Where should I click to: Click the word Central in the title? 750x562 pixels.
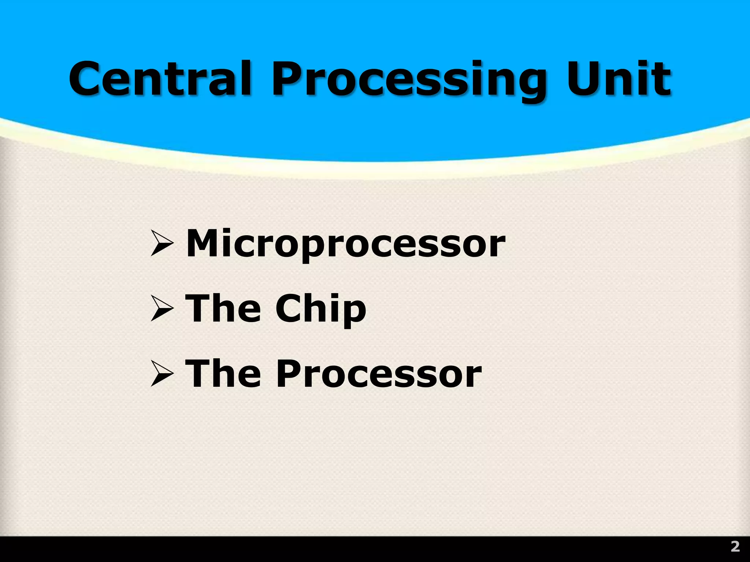[x=160, y=79]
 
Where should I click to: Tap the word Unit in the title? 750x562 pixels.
[x=619, y=79]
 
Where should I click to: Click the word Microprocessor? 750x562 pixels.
[x=346, y=244]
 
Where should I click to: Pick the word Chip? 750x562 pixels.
[x=321, y=310]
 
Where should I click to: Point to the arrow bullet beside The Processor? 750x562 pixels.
[x=161, y=374]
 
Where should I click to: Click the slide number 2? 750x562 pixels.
[x=735, y=547]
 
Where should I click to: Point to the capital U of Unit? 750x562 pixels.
[x=585, y=79]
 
